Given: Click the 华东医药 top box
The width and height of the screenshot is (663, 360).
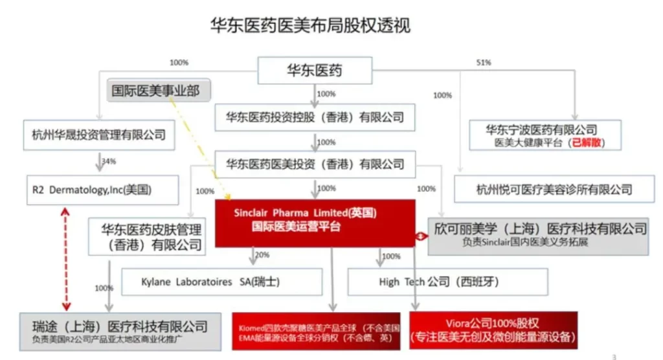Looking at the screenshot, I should pyautogui.click(x=315, y=71).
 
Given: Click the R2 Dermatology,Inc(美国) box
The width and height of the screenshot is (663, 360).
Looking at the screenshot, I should pyautogui.click(x=95, y=190).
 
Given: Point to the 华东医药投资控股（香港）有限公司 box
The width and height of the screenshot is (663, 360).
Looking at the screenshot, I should pyautogui.click(x=315, y=117).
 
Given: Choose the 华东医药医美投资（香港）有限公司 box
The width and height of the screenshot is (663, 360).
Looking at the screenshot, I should pyautogui.click(x=315, y=164).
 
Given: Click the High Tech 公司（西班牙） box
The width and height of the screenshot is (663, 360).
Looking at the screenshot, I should pyautogui.click(x=447, y=282).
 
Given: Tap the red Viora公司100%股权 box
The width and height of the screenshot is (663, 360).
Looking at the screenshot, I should pyautogui.click(x=493, y=330).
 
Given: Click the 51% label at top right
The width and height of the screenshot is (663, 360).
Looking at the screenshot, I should pyautogui.click(x=483, y=63).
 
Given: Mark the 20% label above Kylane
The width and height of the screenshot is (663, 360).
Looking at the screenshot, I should pyautogui.click(x=262, y=255).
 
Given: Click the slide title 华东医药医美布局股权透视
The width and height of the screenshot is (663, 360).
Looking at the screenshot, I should pyautogui.click(x=311, y=25).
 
